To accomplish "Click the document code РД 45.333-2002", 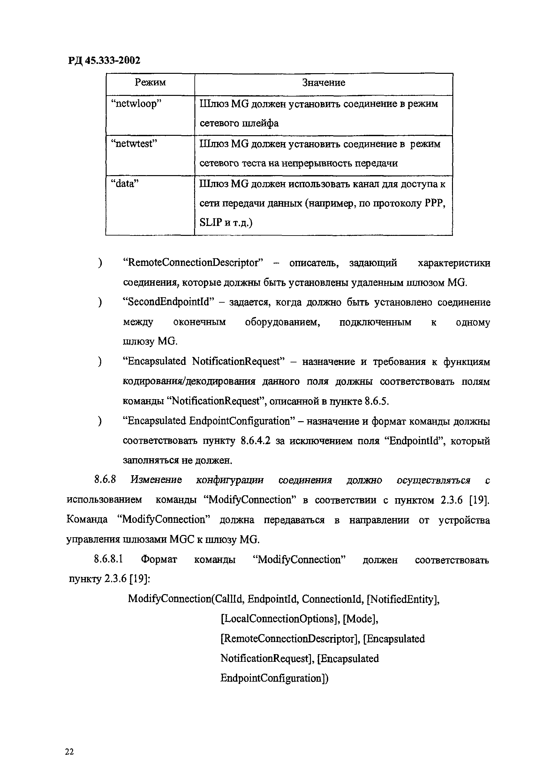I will click(104, 61).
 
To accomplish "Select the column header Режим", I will click(150, 83).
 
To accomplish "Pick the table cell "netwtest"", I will click(134, 144).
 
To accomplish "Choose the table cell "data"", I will click(125, 184).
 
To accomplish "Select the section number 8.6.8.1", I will click(109, 560).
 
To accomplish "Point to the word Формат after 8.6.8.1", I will click(159, 560).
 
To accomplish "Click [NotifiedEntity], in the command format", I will click(403, 600).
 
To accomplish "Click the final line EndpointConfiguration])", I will click(274, 678).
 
